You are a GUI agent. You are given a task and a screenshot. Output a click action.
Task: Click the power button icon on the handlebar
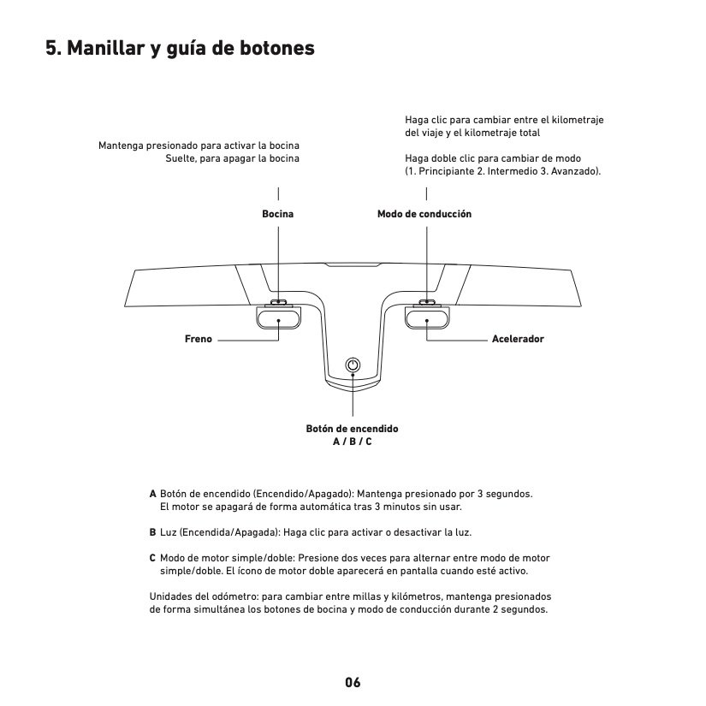coord(353,365)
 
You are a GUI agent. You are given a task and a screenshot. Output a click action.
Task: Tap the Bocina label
coord(277,213)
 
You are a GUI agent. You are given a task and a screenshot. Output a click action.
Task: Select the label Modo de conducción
coord(424,213)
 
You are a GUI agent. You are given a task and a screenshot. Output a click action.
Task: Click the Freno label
coord(198,339)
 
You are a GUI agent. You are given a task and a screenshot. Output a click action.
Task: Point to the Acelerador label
coord(518,339)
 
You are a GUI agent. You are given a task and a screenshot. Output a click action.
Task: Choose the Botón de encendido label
coord(352,428)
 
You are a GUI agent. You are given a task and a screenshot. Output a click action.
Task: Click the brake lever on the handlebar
coord(278,318)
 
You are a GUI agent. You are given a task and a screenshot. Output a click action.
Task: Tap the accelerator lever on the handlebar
coord(427,318)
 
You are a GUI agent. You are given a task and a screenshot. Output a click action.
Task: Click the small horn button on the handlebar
coord(279,302)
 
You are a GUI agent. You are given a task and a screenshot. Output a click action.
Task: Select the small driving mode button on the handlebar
coord(427,302)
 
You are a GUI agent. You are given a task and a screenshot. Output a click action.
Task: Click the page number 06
coord(353,683)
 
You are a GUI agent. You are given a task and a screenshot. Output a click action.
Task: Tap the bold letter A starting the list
coord(153,494)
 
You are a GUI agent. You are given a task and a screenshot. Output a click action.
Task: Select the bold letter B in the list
coord(153,532)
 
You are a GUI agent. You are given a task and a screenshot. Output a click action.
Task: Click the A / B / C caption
coord(353,441)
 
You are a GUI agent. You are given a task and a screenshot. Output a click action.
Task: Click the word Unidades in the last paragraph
coord(169,596)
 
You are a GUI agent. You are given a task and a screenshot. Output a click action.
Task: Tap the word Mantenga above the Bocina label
coord(121,145)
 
